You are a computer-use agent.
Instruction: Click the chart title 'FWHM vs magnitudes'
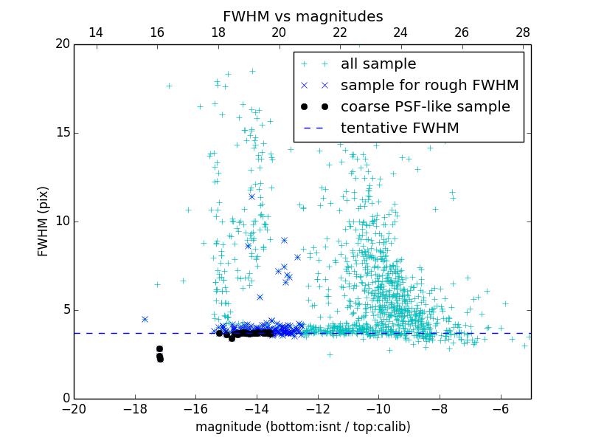pyautogui.click(x=302, y=16)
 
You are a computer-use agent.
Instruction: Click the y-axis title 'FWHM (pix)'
pyautogui.click(x=44, y=221)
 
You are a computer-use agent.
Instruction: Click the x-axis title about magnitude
pyautogui.click(x=302, y=427)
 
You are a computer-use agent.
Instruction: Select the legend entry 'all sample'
pyautogui.click(x=378, y=64)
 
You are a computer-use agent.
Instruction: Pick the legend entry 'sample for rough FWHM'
pyautogui.click(x=429, y=85)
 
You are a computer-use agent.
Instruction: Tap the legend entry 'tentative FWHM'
pyautogui.click(x=400, y=128)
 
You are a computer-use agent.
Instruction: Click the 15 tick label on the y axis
pyautogui.click(x=62, y=133)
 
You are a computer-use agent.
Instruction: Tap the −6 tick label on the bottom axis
pyautogui.click(x=501, y=408)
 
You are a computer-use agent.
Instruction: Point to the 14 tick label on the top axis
pyautogui.click(x=96, y=32)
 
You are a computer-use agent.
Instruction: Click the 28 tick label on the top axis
pyautogui.click(x=523, y=32)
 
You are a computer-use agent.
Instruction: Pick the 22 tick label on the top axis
pyautogui.click(x=340, y=32)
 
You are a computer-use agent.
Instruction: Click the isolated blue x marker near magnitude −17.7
pyautogui.click(x=145, y=319)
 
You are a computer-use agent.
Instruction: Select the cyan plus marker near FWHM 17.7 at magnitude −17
pyautogui.click(x=169, y=86)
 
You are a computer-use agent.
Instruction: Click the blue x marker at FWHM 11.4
pyautogui.click(x=251, y=196)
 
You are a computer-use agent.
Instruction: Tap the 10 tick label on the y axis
pyautogui.click(x=62, y=221)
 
